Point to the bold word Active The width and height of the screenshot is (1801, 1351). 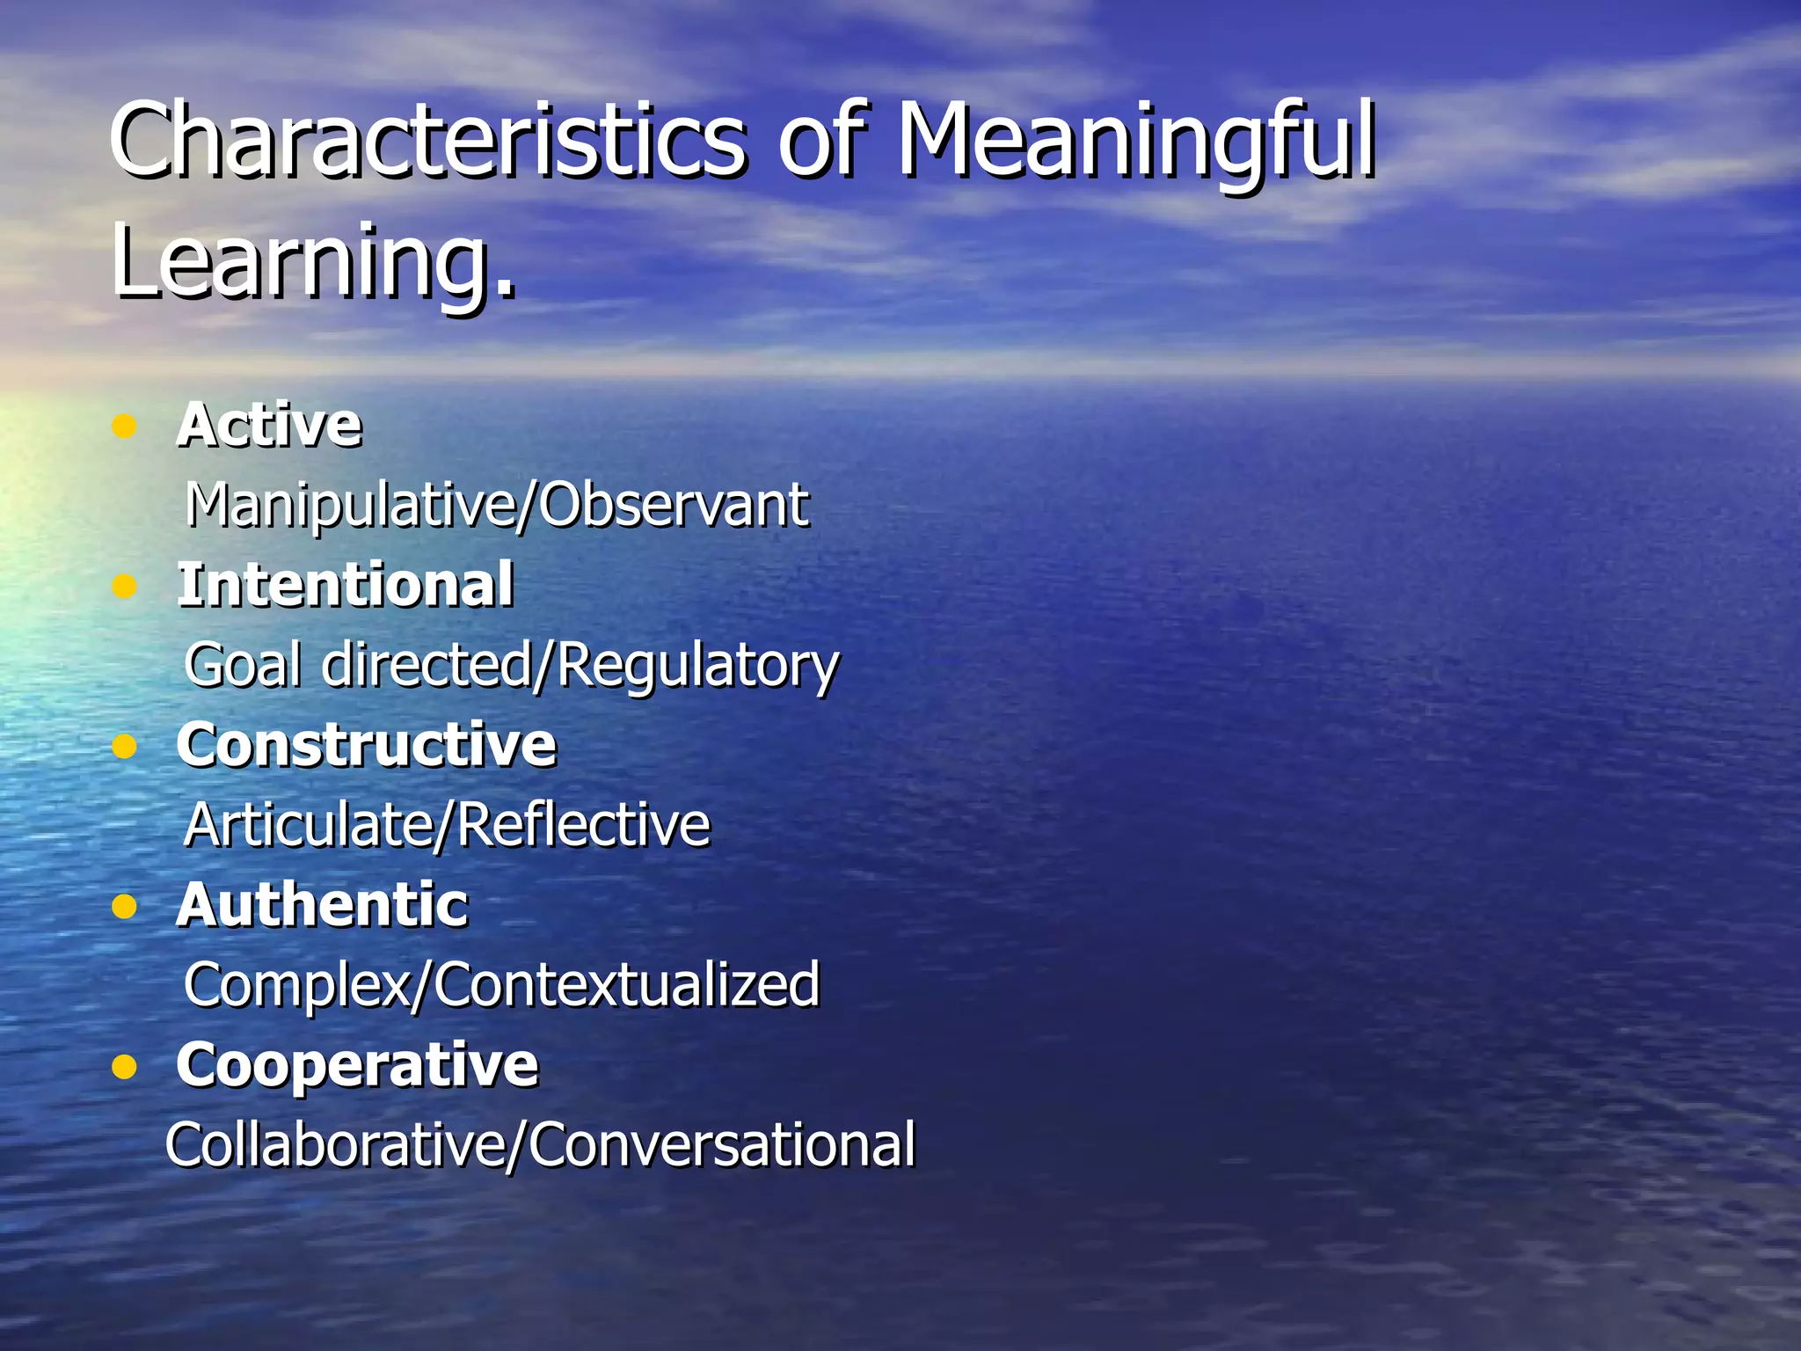coord(269,426)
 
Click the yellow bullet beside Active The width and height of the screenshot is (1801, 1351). coord(125,427)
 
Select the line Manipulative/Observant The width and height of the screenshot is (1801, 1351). coord(497,506)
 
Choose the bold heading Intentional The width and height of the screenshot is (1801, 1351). coord(346,585)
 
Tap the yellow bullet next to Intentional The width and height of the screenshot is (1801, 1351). coord(125,586)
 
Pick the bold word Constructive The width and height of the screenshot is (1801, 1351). coord(367,745)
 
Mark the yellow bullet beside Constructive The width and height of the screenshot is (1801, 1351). coord(125,747)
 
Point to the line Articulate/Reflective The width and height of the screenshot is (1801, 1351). coord(447,825)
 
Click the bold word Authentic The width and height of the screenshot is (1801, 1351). coord(323,905)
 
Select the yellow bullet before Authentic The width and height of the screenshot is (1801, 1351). coord(125,907)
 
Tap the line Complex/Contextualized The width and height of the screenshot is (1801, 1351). coord(502,985)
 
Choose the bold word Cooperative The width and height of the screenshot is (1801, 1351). coord(357,1065)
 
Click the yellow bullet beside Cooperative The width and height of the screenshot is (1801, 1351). coord(125,1067)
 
